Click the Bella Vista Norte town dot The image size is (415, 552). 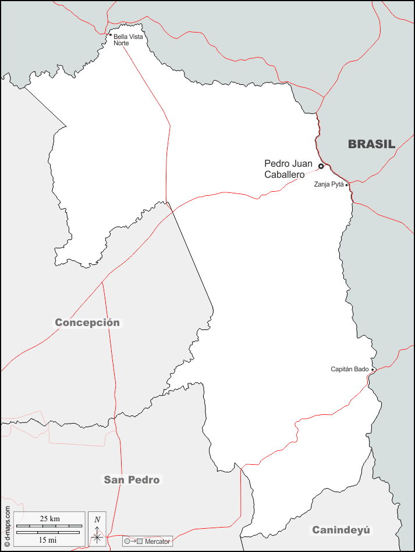pos(111,35)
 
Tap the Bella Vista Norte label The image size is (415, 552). pos(127,40)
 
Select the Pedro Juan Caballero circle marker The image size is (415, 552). pos(321,166)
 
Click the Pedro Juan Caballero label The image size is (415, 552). pos(288,169)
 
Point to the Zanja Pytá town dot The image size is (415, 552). pos(347,185)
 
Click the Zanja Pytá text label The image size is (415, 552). pos(329,185)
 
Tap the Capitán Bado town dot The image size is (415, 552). pos(373,370)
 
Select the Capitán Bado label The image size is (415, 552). pos(350,370)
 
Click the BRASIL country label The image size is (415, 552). pos(371,144)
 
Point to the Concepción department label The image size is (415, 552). pos(87,322)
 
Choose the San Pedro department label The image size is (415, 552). pos(132,480)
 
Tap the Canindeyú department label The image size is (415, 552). pos(341,530)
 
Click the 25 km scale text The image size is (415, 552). pos(49,518)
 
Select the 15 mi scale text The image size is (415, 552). pos(48,540)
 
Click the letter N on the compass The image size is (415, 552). pos(97,519)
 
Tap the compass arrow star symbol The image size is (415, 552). pos(97,537)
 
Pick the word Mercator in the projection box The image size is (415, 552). pos(157,542)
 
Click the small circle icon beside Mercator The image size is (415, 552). pos(127,542)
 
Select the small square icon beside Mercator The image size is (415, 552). pos(140,542)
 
